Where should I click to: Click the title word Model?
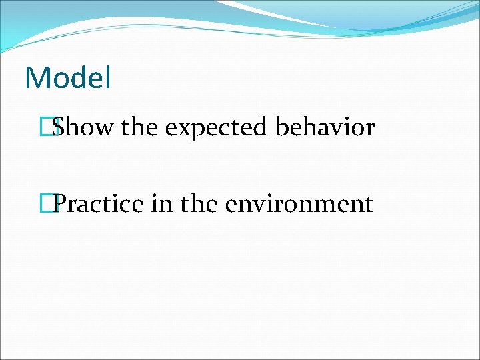(x=67, y=78)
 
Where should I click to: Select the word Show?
(x=83, y=127)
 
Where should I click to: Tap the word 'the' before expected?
(x=139, y=127)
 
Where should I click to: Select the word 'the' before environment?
(x=198, y=203)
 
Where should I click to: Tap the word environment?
(x=299, y=203)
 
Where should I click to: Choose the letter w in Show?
(x=103, y=129)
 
